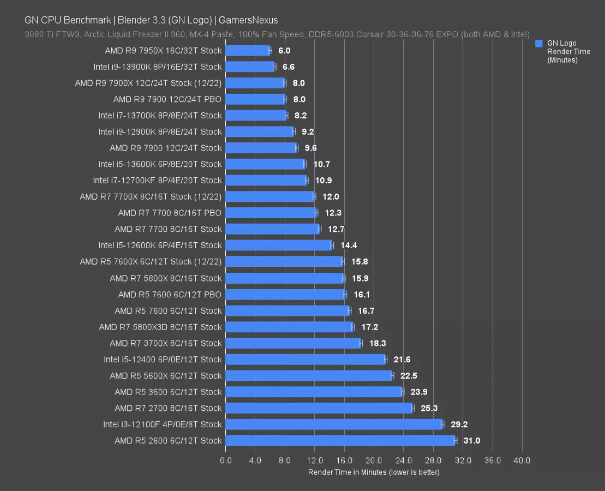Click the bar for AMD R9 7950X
(248, 51)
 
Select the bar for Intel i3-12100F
(333, 424)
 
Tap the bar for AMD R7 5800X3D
(289, 327)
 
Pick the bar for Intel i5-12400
(306, 360)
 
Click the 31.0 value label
(471, 441)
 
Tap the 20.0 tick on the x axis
(374, 460)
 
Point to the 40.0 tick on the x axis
(522, 460)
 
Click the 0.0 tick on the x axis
(225, 460)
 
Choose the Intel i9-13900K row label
(158, 67)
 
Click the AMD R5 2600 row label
(168, 441)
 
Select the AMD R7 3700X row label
(166, 343)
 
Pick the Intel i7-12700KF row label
(157, 181)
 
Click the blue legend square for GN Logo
(539, 44)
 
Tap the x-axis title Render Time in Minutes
(374, 472)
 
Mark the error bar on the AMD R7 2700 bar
(413, 408)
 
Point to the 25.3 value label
(429, 408)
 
